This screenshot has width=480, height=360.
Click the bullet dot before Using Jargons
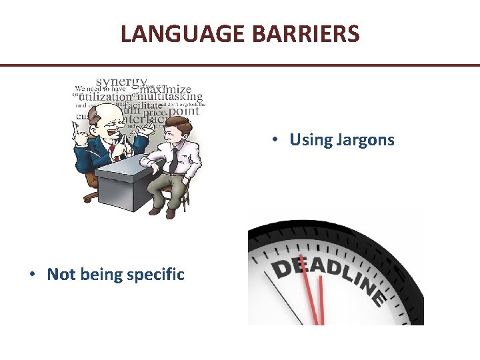click(x=275, y=141)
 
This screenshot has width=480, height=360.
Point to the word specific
click(x=151, y=275)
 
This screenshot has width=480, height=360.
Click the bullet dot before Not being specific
click(x=33, y=275)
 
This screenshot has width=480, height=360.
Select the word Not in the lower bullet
click(x=61, y=275)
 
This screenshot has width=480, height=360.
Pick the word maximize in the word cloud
click(x=169, y=88)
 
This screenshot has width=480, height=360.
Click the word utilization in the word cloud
click(x=105, y=97)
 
